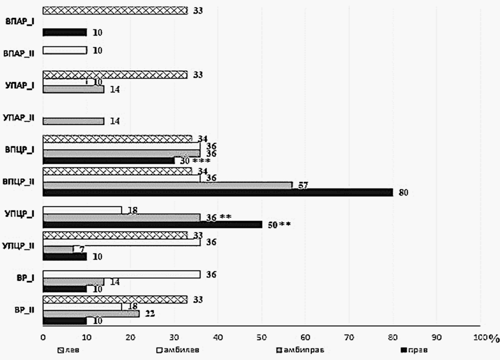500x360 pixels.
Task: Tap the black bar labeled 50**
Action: click(152, 224)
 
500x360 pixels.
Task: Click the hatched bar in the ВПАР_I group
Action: click(115, 10)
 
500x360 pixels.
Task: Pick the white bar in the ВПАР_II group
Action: click(65, 50)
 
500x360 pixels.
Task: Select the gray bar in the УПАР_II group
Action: click(73, 121)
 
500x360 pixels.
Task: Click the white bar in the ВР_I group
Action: click(121, 274)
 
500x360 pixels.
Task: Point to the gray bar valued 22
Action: click(91, 314)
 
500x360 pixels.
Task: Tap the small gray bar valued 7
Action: click(58, 249)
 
